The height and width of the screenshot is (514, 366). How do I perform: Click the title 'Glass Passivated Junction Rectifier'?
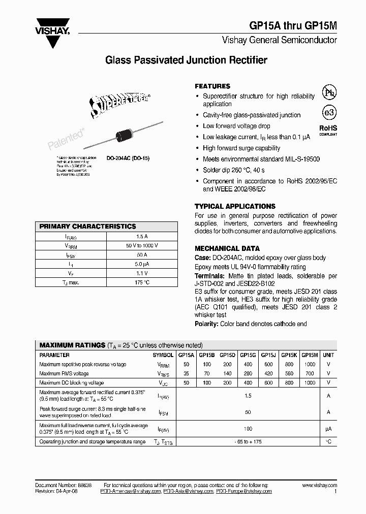(x=186, y=60)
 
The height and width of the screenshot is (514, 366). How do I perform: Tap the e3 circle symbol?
(x=328, y=112)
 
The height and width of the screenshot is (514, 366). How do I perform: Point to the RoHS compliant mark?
(x=328, y=131)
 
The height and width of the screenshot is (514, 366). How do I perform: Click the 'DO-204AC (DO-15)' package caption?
(x=128, y=158)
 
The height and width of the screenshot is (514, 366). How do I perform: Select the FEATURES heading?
(x=212, y=86)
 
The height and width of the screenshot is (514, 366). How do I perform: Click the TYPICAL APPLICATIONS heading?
(x=235, y=206)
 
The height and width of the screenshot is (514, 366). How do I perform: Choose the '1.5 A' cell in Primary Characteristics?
(x=142, y=236)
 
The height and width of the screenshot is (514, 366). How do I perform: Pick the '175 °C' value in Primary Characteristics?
(x=142, y=282)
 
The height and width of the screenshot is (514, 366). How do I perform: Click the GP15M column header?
(x=310, y=355)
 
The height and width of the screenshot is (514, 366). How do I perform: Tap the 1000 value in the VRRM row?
(x=310, y=364)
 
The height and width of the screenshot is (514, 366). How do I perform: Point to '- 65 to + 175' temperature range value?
(x=248, y=442)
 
